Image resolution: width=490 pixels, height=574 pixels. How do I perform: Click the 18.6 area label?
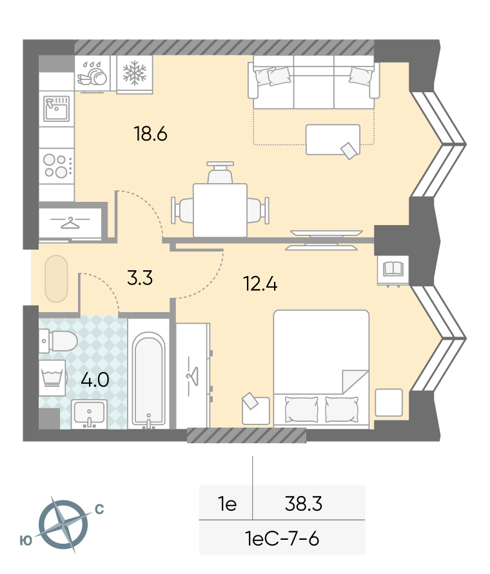pyautogui.click(x=150, y=134)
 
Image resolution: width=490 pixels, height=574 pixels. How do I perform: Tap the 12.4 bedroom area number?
pyautogui.click(x=260, y=284)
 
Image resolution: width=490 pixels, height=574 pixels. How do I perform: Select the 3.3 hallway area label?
pyautogui.click(x=140, y=277)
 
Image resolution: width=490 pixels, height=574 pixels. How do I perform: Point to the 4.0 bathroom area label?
pyautogui.click(x=95, y=380)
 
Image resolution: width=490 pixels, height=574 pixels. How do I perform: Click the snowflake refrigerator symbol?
pyautogui.click(x=134, y=73)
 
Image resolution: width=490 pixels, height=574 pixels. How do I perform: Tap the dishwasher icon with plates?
pyautogui.click(x=92, y=74)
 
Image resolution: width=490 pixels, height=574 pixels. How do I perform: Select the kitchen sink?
pyautogui.click(x=56, y=108)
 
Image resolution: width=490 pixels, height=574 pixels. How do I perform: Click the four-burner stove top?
pyautogui.click(x=57, y=166)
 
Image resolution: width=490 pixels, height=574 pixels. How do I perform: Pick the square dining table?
pyautogui.click(x=220, y=210)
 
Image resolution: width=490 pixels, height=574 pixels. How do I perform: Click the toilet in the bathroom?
pyautogui.click(x=58, y=341)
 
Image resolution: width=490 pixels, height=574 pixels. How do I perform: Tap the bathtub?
pyautogui.click(x=148, y=380)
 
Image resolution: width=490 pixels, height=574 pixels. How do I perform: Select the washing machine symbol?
pyautogui.click(x=52, y=378)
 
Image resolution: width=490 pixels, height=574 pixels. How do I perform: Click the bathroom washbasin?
pyautogui.click(x=89, y=413)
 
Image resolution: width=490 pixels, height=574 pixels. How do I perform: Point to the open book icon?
pyautogui.click(x=393, y=269)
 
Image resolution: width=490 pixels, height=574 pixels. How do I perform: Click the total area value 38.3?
pyautogui.click(x=304, y=504)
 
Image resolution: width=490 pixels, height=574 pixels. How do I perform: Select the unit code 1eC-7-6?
pyautogui.click(x=282, y=539)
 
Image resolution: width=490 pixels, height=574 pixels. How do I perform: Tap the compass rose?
pyautogui.click(x=63, y=524)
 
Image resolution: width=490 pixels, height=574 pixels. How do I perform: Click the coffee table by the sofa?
pyautogui.click(x=333, y=139)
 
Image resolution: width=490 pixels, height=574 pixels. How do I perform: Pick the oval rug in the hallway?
pyautogui.click(x=56, y=279)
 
